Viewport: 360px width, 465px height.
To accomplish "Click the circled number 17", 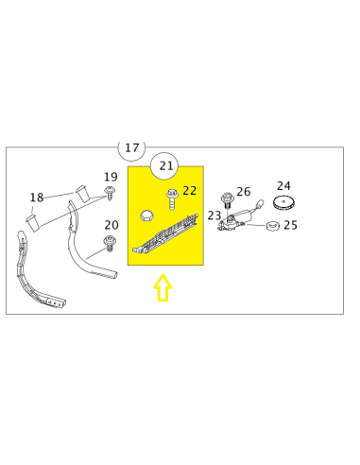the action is tap(131, 147).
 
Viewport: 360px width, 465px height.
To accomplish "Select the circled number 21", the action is tap(164, 166).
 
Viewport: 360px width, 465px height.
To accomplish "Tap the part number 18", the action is tap(36, 198).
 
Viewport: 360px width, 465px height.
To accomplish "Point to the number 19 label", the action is tap(111, 177).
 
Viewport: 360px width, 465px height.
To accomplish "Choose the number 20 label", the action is tap(111, 225).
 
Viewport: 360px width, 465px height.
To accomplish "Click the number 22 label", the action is tap(189, 191).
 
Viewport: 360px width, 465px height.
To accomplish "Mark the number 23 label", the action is tap(214, 215).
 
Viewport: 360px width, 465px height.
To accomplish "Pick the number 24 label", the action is tap(283, 186).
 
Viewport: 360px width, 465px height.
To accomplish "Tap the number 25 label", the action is tap(290, 225).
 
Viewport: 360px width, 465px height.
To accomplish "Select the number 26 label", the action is tap(244, 192).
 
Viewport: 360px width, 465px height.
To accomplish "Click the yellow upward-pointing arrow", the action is tap(163, 287).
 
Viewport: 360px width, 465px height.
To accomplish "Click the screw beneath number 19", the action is tap(110, 194).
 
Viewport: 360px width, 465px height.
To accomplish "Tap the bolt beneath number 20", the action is tap(110, 243).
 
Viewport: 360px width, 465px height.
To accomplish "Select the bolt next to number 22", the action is tap(172, 199).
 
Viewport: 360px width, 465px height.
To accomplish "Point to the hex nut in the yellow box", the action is tap(146, 215).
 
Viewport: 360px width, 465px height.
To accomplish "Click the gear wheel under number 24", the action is tap(283, 203).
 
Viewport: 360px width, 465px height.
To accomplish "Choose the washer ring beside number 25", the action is tap(272, 226).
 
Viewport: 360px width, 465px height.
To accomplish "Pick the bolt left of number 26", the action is tap(227, 201).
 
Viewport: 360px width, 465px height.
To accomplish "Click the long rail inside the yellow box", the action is tap(165, 234).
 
